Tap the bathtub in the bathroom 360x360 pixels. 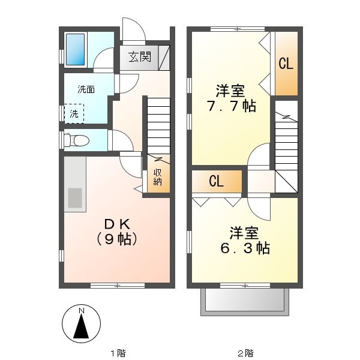pos(75,49)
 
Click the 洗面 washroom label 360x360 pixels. pos(86,89)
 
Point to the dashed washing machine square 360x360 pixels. pos(74,112)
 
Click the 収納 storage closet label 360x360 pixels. pos(157,178)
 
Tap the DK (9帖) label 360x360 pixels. pos(118,232)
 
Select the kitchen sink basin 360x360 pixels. pos(75,198)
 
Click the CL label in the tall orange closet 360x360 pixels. pos(286,64)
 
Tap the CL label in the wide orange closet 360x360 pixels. pos(217,180)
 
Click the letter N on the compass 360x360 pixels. pos(80,310)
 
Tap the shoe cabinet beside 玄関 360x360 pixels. pos(163,58)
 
